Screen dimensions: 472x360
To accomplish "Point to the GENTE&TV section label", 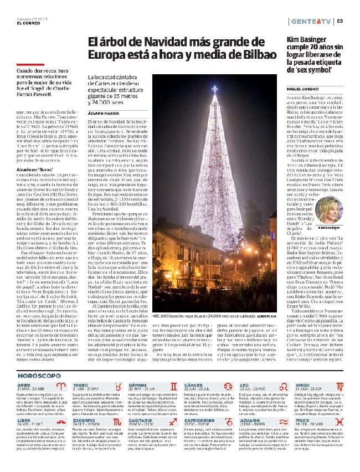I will coord(311,22).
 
